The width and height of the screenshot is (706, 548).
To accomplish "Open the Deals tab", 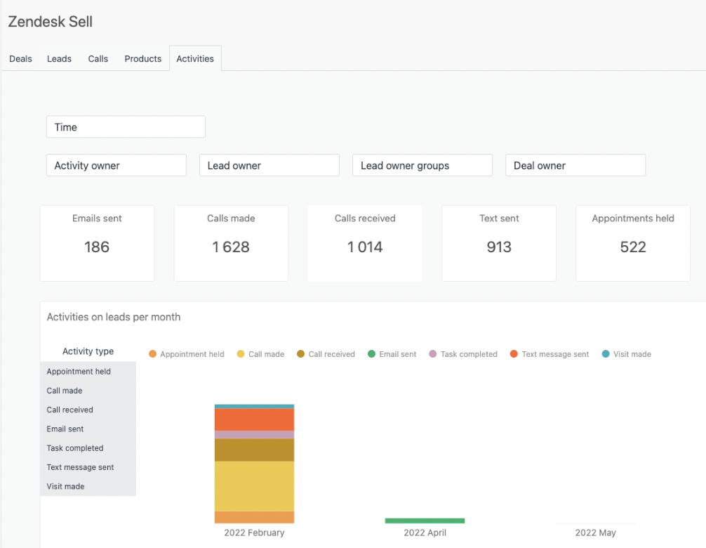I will [x=20, y=59].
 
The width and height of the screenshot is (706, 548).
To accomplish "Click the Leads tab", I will [x=59, y=59].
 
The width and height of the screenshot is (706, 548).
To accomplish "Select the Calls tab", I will [x=98, y=59].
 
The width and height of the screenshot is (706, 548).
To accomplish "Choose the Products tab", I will [x=143, y=59].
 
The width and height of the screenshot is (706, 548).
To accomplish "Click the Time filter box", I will [x=126, y=127].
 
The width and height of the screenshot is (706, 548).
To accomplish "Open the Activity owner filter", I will [x=116, y=166].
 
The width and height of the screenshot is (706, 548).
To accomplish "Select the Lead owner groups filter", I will [x=422, y=166].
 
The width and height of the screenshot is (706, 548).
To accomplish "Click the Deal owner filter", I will [x=575, y=166].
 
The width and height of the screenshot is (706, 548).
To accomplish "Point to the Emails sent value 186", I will [x=97, y=247].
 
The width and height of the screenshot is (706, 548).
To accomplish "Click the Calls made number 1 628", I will [x=231, y=247].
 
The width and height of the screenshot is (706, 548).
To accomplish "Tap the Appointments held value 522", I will [x=633, y=247].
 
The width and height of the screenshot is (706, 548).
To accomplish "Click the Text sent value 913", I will [x=499, y=247].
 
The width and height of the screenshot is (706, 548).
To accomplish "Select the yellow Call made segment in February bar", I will [x=254, y=486].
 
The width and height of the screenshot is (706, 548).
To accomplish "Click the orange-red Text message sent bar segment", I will [x=254, y=419].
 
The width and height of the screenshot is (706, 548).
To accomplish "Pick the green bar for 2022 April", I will [x=425, y=521].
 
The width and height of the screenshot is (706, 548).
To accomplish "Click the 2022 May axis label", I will [x=595, y=533].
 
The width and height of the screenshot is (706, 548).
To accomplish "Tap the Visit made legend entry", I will [x=626, y=354].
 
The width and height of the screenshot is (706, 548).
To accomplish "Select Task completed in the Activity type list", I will [x=75, y=448].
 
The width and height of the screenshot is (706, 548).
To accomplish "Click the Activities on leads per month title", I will [x=114, y=318].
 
